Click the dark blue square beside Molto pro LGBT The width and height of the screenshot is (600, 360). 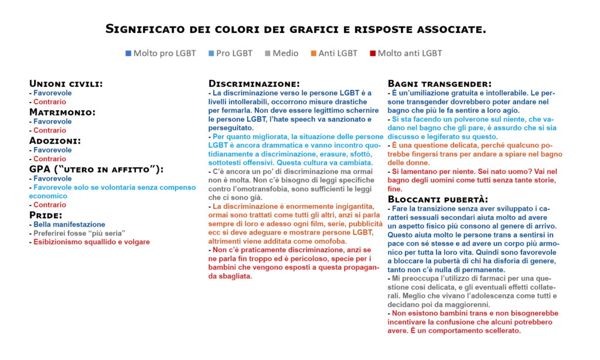point(128,53)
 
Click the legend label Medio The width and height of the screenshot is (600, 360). point(285,53)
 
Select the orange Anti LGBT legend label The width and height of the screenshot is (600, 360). point(337,53)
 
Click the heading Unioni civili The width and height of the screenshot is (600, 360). point(66,84)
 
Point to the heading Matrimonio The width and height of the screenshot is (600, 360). point(62,112)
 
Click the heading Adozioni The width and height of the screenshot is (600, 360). point(55,140)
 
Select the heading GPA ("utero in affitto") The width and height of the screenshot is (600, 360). point(96,169)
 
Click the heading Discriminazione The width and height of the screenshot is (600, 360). point(254,84)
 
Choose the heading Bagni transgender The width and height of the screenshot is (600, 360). point(439,84)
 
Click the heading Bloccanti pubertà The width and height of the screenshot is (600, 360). point(438,199)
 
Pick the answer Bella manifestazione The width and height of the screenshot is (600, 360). point(69,225)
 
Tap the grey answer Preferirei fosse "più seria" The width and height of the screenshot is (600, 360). point(79,233)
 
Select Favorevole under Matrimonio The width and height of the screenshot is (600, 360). point(53,121)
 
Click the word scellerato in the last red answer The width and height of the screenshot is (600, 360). point(502,331)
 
